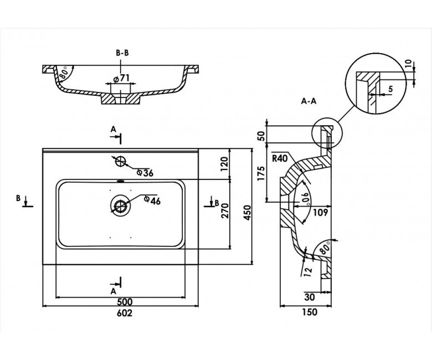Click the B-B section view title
pyautogui.click(x=122, y=53)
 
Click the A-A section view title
pyautogui.click(x=308, y=101)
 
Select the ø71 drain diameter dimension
pyautogui.click(x=121, y=79)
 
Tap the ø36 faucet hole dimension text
pyautogui.click(x=145, y=173)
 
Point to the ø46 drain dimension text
pyautogui.click(x=152, y=201)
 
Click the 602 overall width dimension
pyautogui.click(x=125, y=313)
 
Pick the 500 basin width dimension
pyautogui.click(x=125, y=302)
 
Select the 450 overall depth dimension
pyautogui.click(x=248, y=212)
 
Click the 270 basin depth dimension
pyautogui.click(x=225, y=210)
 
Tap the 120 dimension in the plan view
pyautogui.click(x=224, y=164)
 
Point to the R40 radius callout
pyautogui.click(x=280, y=158)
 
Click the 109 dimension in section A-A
pyautogui.click(x=321, y=212)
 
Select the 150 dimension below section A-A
pyautogui.click(x=310, y=312)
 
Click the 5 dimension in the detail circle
pyautogui.click(x=390, y=89)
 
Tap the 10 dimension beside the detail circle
pyautogui.click(x=409, y=64)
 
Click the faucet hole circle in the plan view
pyautogui.click(x=121, y=161)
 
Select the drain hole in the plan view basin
pyautogui.click(x=120, y=205)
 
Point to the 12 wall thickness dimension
pyautogui.click(x=308, y=270)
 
